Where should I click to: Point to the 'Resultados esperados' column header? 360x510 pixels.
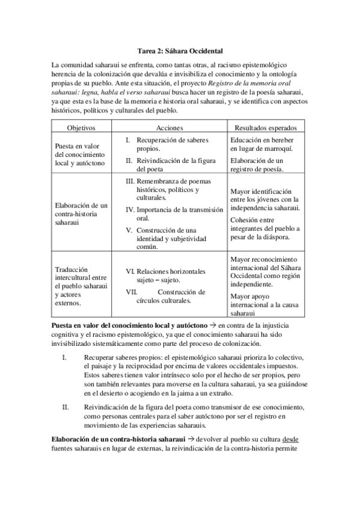[x=265, y=128]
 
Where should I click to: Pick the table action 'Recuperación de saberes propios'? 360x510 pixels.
[x=171, y=144]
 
